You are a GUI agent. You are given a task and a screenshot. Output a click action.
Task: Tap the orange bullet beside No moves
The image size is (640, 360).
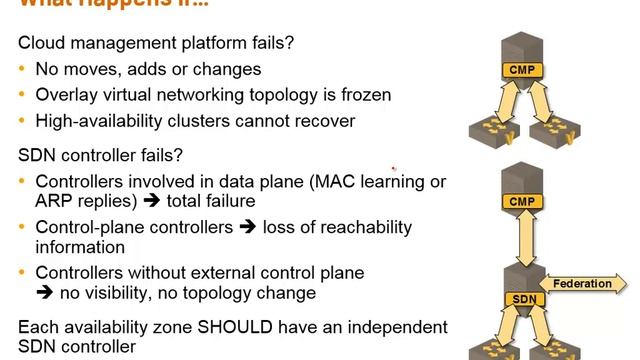tap(22, 70)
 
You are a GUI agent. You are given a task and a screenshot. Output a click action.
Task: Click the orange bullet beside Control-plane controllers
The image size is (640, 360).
tap(22, 227)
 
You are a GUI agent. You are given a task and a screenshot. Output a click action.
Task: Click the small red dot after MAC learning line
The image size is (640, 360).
tap(394, 168)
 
